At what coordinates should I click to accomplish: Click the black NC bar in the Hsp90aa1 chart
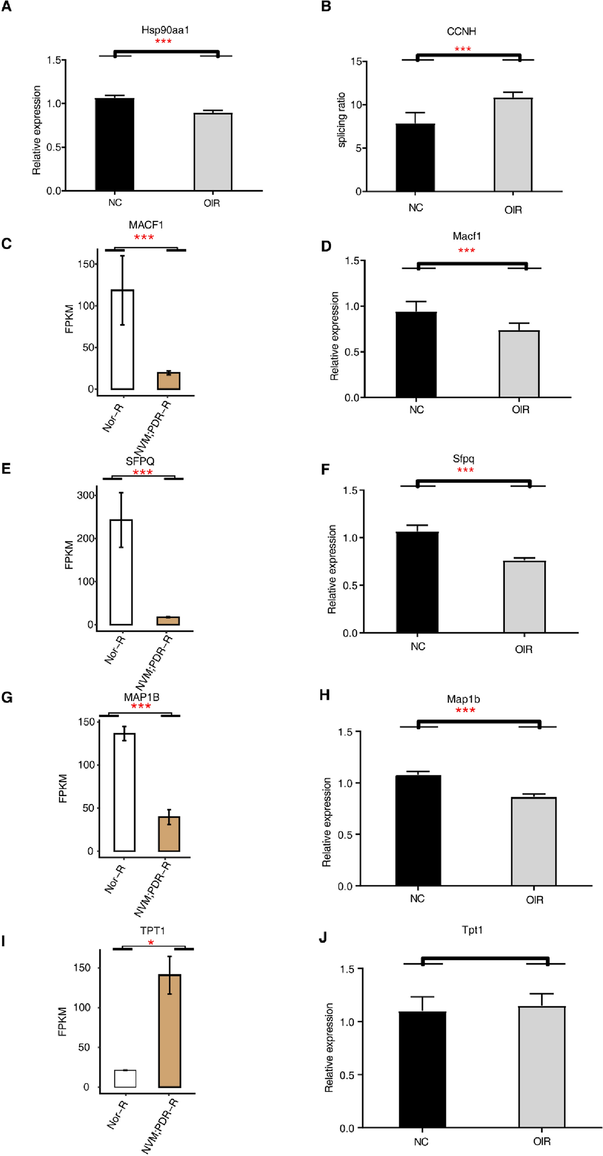(x=114, y=144)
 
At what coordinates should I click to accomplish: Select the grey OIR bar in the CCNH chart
(x=513, y=145)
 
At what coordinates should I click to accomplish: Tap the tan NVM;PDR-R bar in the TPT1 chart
(x=169, y=1031)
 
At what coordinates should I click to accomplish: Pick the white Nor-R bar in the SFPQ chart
(x=121, y=572)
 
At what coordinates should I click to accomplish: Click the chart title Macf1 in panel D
(x=466, y=236)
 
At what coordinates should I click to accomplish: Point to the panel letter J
(x=323, y=938)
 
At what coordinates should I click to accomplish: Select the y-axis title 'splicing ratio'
(x=342, y=120)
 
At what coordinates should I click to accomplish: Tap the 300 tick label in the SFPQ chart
(x=85, y=495)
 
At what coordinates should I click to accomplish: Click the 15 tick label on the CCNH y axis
(x=356, y=62)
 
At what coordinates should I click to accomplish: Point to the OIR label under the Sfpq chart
(x=523, y=650)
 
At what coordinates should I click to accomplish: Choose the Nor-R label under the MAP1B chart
(x=115, y=879)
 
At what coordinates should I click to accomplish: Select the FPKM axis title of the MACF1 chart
(x=69, y=319)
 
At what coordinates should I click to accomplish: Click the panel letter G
(x=7, y=697)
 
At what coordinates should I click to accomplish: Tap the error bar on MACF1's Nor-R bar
(x=123, y=290)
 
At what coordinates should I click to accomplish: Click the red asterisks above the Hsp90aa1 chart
(x=163, y=42)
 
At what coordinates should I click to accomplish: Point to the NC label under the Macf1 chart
(x=416, y=410)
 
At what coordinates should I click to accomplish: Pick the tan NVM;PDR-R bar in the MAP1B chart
(x=169, y=834)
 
